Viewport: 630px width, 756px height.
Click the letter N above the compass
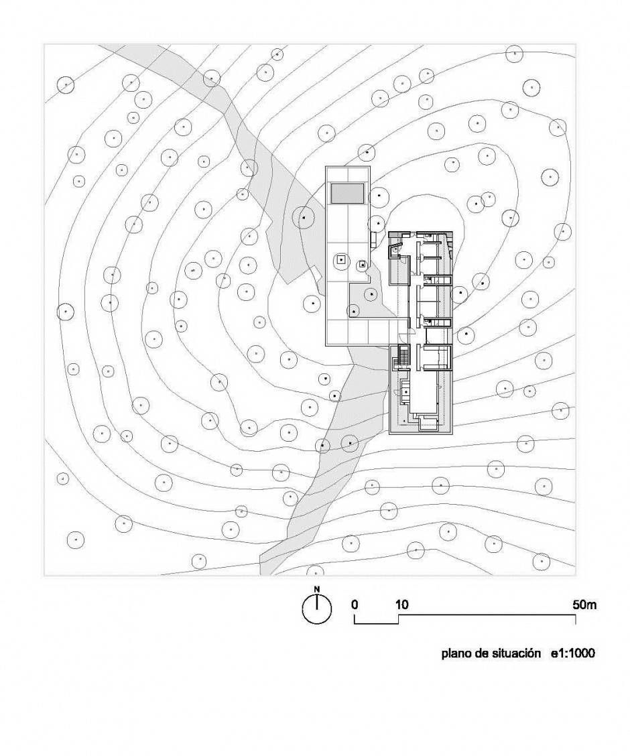317,588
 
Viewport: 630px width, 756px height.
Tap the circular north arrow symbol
317,609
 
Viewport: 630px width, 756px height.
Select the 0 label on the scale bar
355,605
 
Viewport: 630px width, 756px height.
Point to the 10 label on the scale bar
402,605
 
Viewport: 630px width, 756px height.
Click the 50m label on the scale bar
584,605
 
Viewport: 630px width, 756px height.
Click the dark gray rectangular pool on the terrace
347,193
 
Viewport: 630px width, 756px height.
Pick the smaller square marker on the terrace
362,265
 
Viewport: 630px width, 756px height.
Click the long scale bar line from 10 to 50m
487,615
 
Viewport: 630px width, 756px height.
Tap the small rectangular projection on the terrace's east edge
373,239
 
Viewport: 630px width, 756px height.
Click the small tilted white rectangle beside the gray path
317,277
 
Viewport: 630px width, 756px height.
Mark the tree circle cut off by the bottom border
315,572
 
